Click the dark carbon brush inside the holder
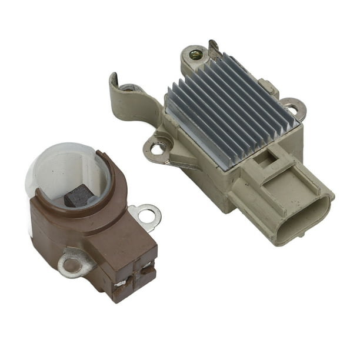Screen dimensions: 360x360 [79, 196]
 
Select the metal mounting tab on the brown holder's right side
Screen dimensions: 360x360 [147, 214]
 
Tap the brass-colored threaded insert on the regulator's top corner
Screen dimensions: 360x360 [195, 55]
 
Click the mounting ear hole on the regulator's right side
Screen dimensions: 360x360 [291, 109]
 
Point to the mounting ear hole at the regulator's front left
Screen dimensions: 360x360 [158, 148]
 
